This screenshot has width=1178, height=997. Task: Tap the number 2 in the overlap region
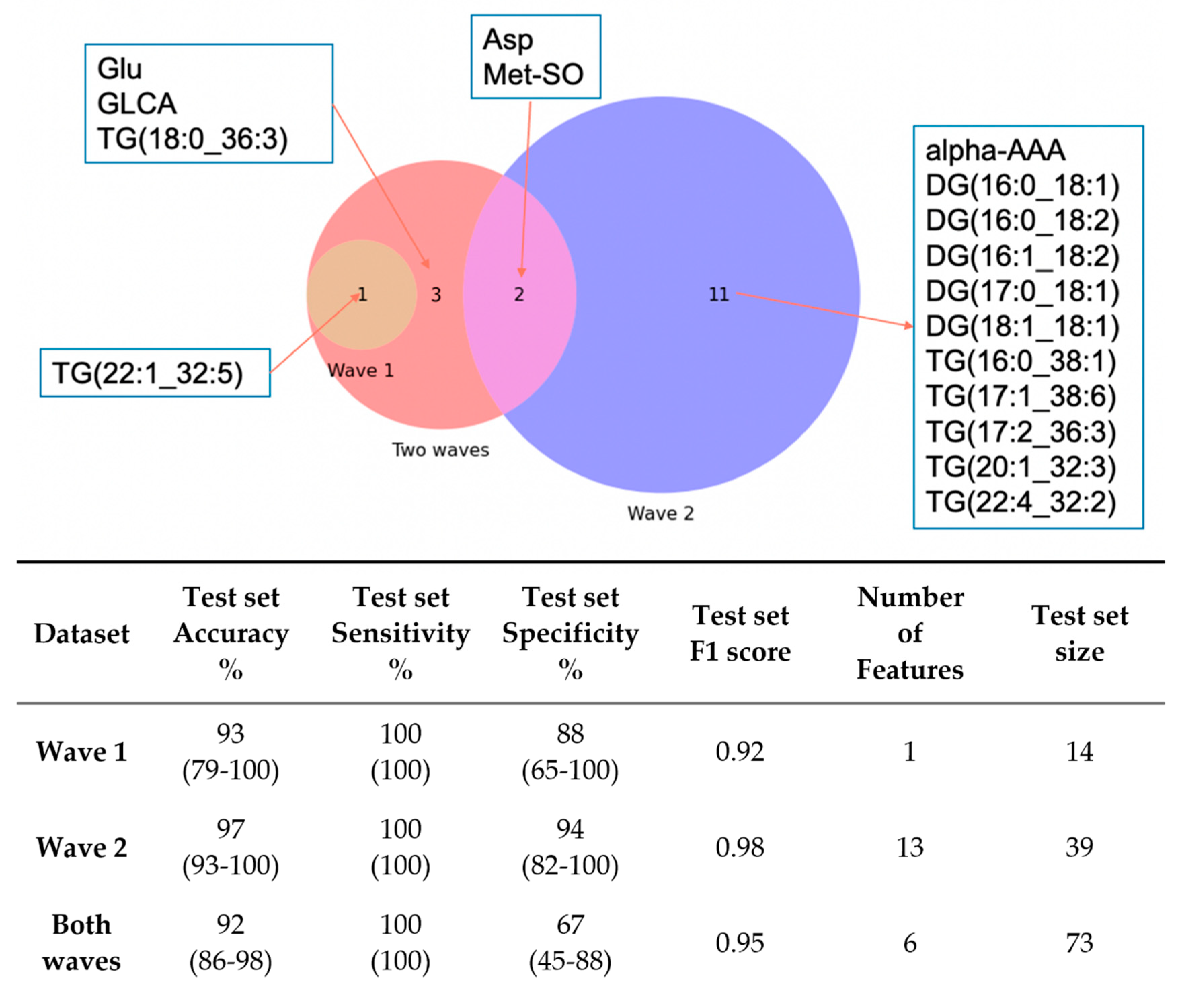[519, 294]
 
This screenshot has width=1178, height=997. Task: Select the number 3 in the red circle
[435, 294]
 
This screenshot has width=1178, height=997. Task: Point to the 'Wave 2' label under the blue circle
[660, 513]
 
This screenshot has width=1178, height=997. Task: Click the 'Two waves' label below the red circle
[440, 450]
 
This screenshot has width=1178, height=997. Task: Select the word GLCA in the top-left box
[137, 104]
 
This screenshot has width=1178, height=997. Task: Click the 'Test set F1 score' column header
[740, 633]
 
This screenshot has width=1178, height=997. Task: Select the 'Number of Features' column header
[909, 633]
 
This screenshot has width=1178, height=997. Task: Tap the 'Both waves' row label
[81, 943]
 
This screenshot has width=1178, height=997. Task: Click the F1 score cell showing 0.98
[740, 847]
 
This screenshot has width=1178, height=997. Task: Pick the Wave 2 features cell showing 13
[909, 847]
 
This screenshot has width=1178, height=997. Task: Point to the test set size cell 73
[1079, 943]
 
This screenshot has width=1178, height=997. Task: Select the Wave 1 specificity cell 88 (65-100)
[570, 752]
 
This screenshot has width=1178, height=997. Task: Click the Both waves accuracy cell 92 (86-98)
[231, 943]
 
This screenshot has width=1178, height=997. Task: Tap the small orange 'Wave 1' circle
[351, 317]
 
